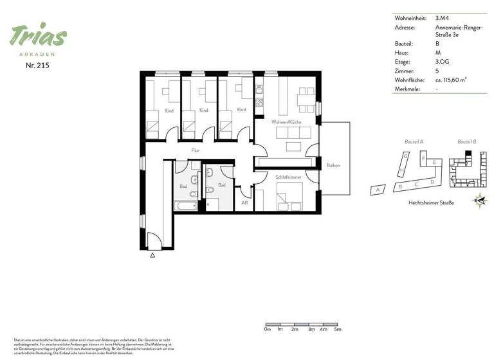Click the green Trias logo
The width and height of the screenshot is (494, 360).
point(38,36)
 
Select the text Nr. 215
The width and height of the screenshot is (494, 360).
point(38,66)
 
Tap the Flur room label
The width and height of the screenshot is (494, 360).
point(196,150)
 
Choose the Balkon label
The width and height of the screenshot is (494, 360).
point(333,165)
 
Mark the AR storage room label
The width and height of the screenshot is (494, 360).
point(244,203)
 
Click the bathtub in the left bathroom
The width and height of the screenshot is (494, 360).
point(185,206)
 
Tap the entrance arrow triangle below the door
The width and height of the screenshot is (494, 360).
point(152,255)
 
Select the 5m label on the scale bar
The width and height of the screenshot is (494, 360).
point(338,328)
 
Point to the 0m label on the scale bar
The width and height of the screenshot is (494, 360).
point(268,328)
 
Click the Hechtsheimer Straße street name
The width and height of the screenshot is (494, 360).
point(431,203)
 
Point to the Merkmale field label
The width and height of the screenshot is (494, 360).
point(408,89)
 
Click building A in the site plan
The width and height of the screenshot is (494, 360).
point(378,190)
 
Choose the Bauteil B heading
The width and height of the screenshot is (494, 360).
point(466,141)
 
